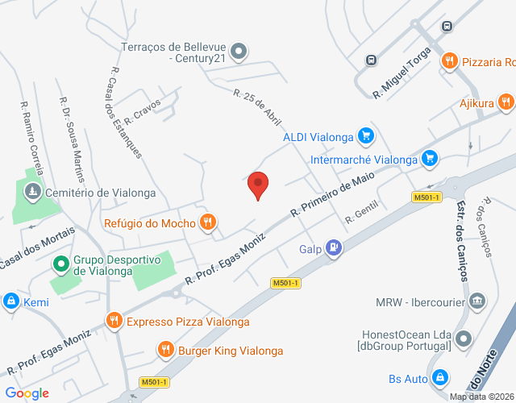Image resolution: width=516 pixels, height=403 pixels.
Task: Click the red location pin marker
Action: pyautogui.click(x=258, y=185)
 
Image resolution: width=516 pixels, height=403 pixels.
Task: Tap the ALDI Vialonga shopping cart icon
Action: pyautogui.click(x=366, y=135)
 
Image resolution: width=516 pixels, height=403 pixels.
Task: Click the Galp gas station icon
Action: pyautogui.click(x=334, y=248)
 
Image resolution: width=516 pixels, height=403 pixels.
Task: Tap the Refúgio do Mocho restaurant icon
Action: pyautogui.click(x=208, y=222)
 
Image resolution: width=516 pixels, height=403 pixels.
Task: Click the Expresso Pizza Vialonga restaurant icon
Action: pyautogui.click(x=114, y=321)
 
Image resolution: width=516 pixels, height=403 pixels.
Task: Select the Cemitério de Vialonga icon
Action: pyautogui.click(x=32, y=192)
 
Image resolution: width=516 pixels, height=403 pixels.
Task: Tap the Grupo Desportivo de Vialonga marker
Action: pyautogui.click(x=61, y=264)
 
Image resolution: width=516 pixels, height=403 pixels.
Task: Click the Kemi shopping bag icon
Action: pyautogui.click(x=10, y=301)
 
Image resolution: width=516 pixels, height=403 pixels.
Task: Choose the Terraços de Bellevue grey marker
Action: pyautogui.click(x=239, y=52)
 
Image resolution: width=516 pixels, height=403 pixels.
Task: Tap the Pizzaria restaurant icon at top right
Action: pyautogui.click(x=449, y=61)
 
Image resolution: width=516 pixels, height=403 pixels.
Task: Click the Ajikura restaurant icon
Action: pyautogui.click(x=506, y=102)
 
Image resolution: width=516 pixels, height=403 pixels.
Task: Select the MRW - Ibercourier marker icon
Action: pyautogui.click(x=477, y=302)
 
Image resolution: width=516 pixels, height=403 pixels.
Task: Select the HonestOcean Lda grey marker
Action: pyautogui.click(x=463, y=338)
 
